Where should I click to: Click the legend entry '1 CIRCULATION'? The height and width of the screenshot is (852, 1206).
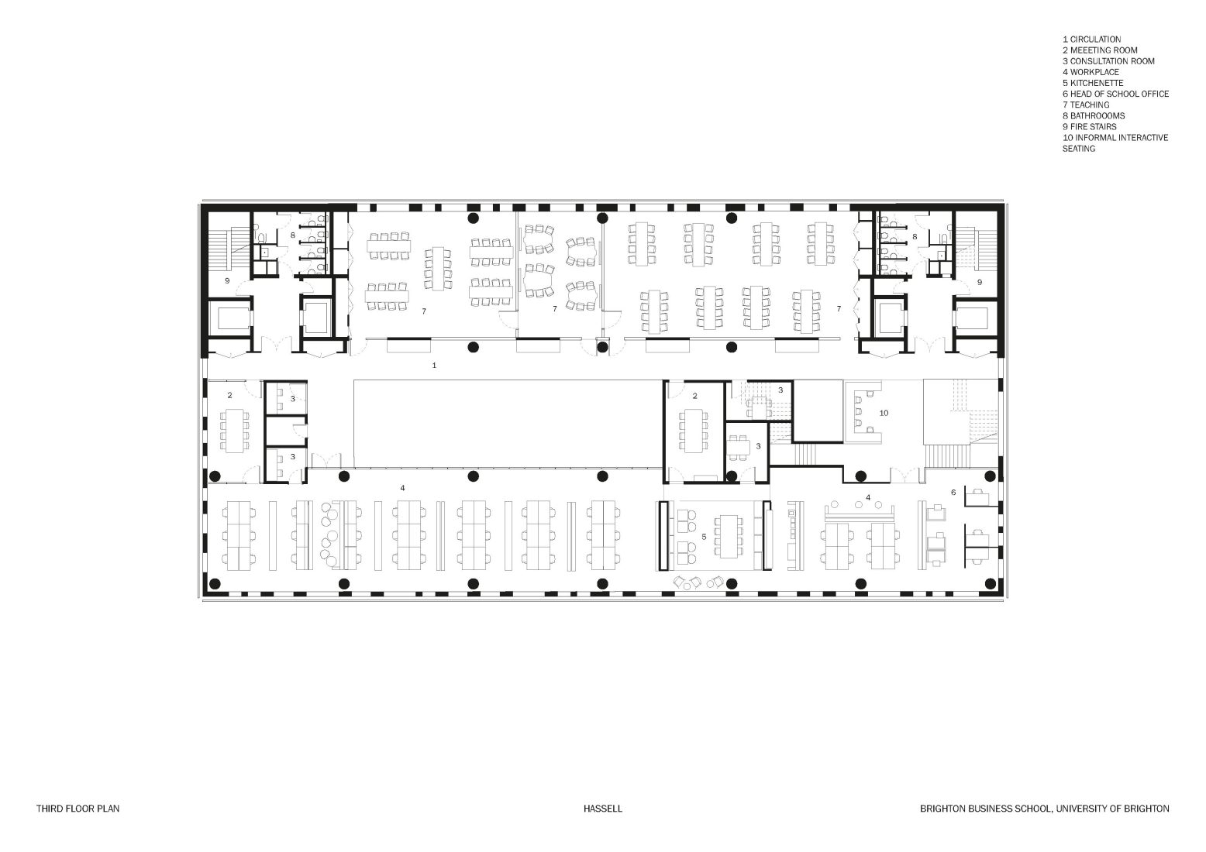(1091, 40)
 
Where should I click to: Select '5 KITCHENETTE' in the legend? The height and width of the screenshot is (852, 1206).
(1092, 83)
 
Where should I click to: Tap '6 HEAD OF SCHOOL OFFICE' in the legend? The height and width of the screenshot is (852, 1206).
(1115, 94)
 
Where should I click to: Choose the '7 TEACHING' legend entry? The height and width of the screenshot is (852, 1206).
(1086, 105)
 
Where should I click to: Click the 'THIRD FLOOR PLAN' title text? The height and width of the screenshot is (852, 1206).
(78, 809)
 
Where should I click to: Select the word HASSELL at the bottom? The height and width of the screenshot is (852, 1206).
(603, 809)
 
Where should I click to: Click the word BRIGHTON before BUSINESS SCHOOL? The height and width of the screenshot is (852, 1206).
(942, 809)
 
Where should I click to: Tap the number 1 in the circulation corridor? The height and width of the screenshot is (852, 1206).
(434, 364)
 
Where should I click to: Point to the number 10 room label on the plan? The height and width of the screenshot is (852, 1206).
(883, 413)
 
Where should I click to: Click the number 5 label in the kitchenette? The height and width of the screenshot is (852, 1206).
(703, 536)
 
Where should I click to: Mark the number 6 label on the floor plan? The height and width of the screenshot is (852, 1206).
(953, 492)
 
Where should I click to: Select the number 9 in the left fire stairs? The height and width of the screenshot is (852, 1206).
(227, 280)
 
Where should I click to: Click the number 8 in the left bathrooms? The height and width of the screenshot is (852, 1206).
(293, 234)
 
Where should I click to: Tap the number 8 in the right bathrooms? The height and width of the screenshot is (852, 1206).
(915, 235)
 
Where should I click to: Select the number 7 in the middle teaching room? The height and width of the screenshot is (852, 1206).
(555, 309)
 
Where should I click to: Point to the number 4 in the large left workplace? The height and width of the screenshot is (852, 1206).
(401, 488)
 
